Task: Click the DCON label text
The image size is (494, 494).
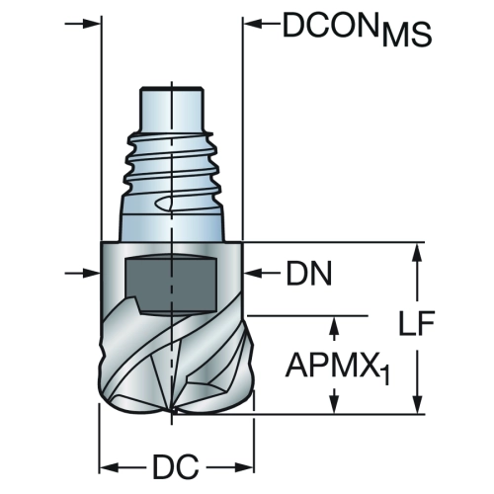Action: click(330, 25)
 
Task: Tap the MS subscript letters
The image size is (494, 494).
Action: click(406, 35)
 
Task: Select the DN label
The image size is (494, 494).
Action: click(309, 273)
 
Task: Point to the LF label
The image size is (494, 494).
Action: click(417, 323)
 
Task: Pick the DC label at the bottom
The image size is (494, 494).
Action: click(176, 466)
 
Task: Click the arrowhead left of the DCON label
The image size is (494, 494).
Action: click(252, 24)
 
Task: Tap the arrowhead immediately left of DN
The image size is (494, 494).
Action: click(252, 273)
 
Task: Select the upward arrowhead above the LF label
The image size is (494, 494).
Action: click(417, 252)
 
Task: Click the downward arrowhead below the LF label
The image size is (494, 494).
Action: click(417, 404)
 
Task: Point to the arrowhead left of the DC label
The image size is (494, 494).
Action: click(109, 467)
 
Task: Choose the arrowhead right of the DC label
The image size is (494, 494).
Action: click(244, 467)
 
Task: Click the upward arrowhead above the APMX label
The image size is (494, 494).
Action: click(335, 325)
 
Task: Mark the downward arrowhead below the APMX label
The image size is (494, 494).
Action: click(335, 404)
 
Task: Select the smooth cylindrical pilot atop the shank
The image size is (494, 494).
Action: click(171, 109)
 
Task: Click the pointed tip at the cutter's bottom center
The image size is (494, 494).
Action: click(172, 413)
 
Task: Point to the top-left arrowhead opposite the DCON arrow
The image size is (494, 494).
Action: click(90, 24)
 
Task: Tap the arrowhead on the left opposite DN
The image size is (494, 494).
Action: click(90, 273)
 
